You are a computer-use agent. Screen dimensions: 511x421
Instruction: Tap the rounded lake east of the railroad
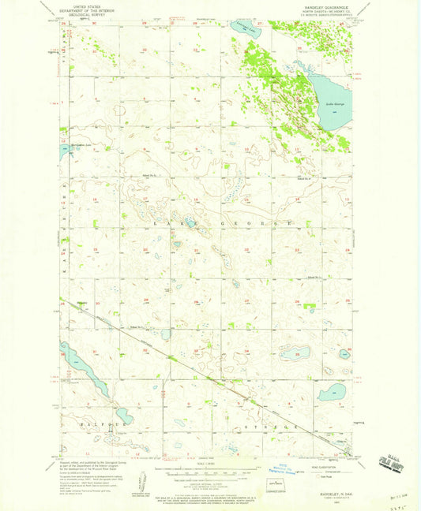pyautogui.click(x=333, y=390)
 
